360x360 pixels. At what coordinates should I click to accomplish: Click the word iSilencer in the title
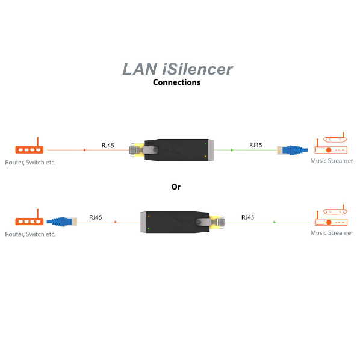click(x=198, y=69)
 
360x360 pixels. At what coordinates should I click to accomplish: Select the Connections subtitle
click(x=176, y=82)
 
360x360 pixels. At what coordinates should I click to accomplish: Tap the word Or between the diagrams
click(x=176, y=187)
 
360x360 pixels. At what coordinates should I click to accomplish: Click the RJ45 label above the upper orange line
click(x=108, y=145)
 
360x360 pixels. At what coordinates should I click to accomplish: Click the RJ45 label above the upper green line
click(x=255, y=145)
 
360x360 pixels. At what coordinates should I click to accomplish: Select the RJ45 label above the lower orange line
click(x=95, y=217)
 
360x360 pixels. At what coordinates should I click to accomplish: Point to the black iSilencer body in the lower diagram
click(x=175, y=221)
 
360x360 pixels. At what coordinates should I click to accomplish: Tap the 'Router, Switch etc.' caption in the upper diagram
click(x=30, y=163)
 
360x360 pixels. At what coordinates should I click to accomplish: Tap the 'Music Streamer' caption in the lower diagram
click(x=332, y=232)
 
